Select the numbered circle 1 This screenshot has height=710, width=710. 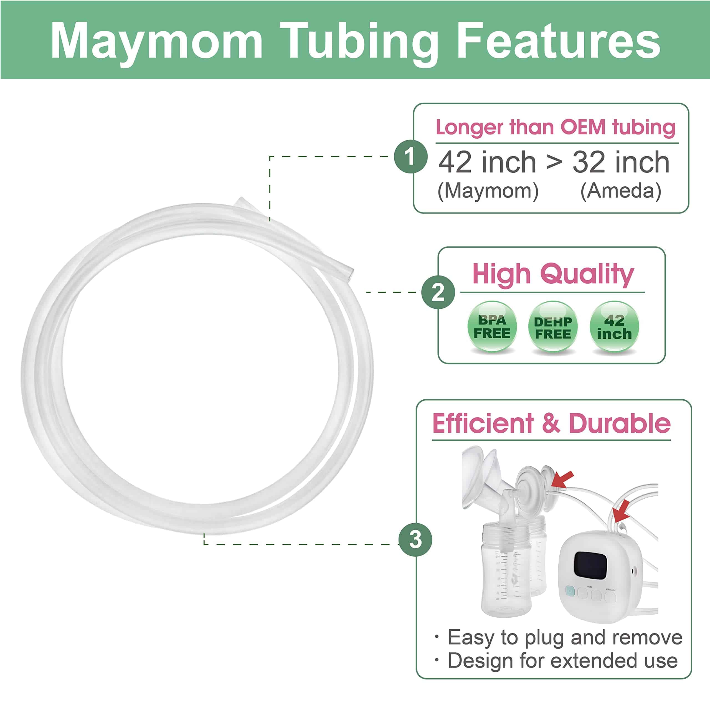tap(410, 156)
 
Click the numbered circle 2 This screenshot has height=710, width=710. tap(438, 292)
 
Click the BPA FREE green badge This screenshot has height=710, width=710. tap(492, 327)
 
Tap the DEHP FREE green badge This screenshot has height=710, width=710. tap(553, 327)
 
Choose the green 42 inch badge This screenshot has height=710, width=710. tap(614, 327)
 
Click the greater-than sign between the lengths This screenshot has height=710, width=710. tap(554, 162)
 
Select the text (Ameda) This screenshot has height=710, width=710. tap(621, 191)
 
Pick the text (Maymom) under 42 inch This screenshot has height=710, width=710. tap(488, 191)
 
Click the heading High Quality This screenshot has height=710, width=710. tap(553, 274)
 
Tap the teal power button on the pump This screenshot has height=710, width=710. tap(570, 591)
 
